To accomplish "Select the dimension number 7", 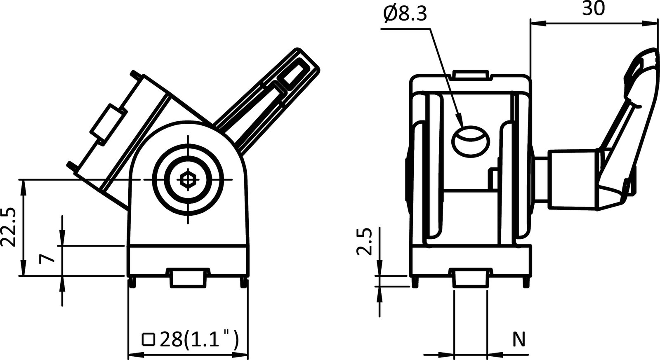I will [46, 259].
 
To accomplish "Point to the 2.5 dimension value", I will [365, 242].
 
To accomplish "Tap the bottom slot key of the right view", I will [470, 278].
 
